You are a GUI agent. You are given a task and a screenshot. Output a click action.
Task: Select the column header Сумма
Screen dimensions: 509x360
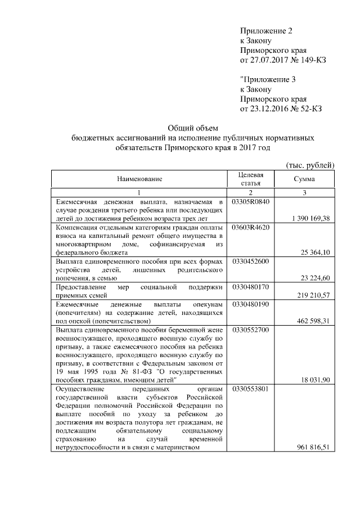pyautogui.click(x=304, y=179)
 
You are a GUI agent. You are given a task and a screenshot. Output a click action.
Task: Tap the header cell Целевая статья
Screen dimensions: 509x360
pyautogui.click(x=250, y=179)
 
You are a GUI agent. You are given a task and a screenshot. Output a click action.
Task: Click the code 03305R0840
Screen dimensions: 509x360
pyautogui.click(x=251, y=201)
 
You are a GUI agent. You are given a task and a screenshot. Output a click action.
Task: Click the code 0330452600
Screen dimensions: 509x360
pyautogui.click(x=251, y=262)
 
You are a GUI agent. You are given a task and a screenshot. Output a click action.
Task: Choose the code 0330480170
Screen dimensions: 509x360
pyautogui.click(x=251, y=287)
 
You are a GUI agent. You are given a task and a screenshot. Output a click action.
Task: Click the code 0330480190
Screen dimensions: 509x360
pyautogui.click(x=251, y=304)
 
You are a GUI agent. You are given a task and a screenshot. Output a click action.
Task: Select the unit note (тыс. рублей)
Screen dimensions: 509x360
pyautogui.click(x=310, y=165)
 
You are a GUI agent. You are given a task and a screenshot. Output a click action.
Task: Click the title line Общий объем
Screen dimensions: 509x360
pyautogui.click(x=193, y=128)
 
